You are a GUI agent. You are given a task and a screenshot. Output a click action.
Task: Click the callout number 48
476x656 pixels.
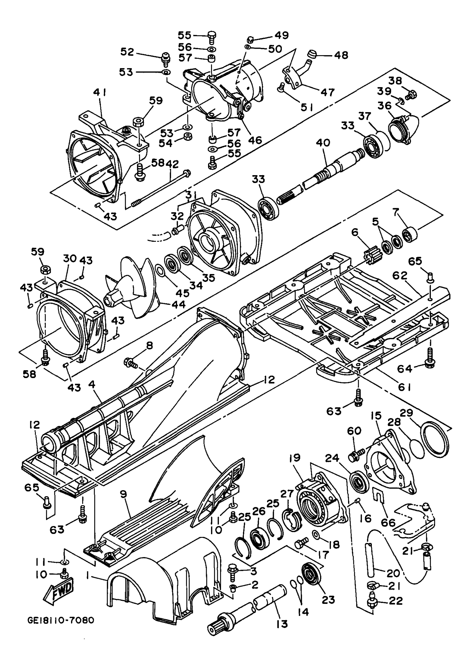point(341,55)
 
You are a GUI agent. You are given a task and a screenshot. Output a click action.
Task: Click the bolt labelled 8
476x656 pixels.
point(132,362)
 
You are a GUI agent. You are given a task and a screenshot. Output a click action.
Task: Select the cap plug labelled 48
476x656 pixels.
point(313,54)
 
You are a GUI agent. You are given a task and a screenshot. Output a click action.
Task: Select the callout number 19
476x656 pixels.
point(295,458)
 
